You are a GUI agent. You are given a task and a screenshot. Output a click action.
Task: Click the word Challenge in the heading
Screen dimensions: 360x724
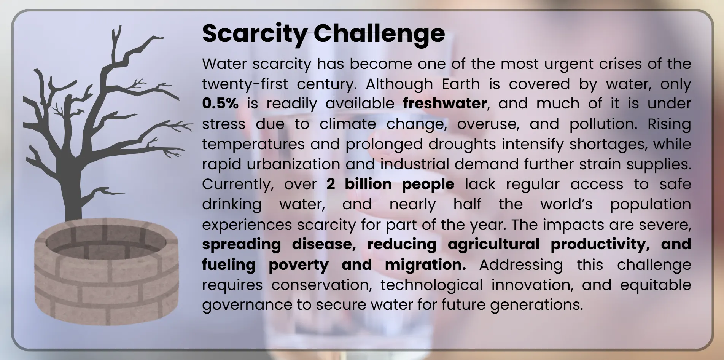point(379,33)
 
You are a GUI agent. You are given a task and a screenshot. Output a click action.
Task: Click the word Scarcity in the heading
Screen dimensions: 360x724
point(255,33)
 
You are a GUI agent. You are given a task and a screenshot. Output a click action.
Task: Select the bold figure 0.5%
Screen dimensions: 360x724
point(220,104)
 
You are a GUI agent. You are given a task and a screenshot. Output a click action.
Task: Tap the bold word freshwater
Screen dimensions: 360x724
point(445,104)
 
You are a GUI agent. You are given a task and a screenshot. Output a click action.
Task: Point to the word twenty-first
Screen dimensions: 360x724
point(245,84)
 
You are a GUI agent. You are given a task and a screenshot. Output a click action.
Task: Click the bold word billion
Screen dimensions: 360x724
point(368,184)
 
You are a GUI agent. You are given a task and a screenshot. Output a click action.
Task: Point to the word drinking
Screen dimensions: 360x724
point(232,204)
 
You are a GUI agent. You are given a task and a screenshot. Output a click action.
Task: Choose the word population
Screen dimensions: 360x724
point(650,204)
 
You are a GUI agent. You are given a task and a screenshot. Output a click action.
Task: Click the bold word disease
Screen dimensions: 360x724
point(324,244)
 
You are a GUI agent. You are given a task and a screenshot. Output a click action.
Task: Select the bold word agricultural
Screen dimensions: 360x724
point(493,244)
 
